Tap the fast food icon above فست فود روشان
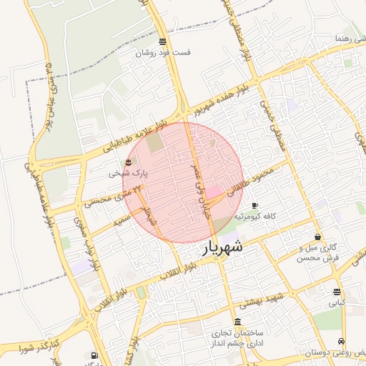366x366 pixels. click(164, 41)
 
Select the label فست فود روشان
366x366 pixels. click(164, 53)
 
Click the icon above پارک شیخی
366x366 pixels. click(129, 162)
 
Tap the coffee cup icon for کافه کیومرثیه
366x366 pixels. click(254, 205)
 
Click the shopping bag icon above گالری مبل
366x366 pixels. click(317, 237)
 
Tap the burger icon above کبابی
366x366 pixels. click(337, 291)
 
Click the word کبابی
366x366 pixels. click(336, 302)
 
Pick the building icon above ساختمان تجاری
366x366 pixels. click(237, 322)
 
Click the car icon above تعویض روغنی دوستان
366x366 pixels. click(342, 341)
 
